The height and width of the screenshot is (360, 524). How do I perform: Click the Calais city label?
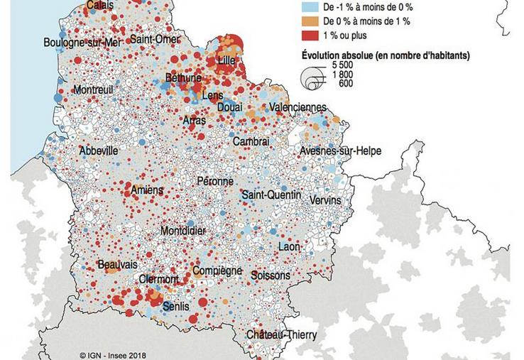[99, 6]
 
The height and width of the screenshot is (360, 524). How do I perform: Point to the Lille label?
[227, 60]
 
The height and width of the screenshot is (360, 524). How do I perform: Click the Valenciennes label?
[297, 107]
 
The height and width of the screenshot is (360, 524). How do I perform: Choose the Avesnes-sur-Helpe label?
[340, 151]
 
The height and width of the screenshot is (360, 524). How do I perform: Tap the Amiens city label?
[147, 190]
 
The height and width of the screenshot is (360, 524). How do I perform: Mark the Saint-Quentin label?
[271, 195]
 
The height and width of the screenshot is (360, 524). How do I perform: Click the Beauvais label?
[117, 264]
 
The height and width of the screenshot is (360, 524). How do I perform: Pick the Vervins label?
[325, 201]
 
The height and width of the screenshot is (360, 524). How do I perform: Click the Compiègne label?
[217, 272]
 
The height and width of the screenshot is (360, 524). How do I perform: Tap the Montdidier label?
[185, 231]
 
